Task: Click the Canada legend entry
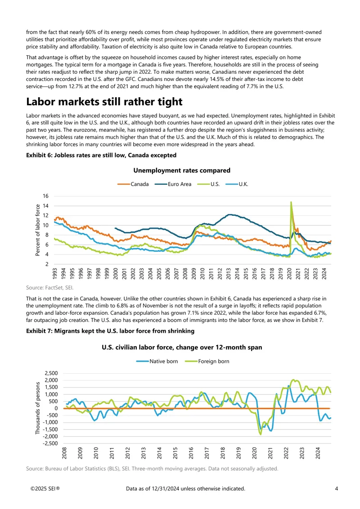pos(133,184)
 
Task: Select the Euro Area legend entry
pos(173,184)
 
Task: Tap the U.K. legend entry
pos(237,184)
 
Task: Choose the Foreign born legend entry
pos(207,362)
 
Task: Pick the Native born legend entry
pos(157,362)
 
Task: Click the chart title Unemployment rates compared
pos(182,170)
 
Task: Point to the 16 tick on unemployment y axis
pos(45,196)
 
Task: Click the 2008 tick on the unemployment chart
pos(185,273)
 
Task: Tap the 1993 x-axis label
pos(54,273)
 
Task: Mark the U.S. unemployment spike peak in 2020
pos(291,202)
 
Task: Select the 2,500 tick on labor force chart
pos(51,373)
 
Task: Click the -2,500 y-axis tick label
pos(50,443)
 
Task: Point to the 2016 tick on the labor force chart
pos(191,453)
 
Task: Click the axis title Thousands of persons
pos(38,408)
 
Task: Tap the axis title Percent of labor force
pos(38,230)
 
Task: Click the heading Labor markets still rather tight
pos(104,102)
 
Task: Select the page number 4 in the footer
pos(337,489)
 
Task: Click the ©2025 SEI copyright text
pos(45,489)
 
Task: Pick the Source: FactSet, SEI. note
pos(49,288)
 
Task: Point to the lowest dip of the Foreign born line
pos(260,434)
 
